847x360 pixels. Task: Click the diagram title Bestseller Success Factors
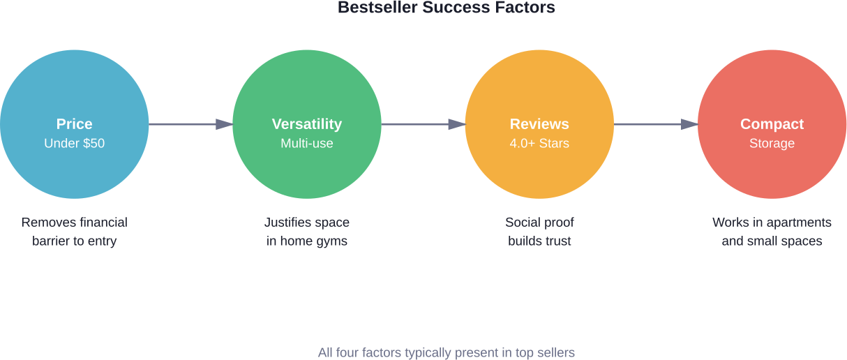pos(447,8)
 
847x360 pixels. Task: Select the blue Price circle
pos(75,124)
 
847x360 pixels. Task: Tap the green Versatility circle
pos(307,124)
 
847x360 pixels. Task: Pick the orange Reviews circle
pos(539,124)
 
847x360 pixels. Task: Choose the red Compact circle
pos(772,124)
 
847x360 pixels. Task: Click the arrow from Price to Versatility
pos(191,124)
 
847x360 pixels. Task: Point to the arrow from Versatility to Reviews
pos(423,124)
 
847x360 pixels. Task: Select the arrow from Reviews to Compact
pos(656,124)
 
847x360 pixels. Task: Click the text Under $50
pos(75,143)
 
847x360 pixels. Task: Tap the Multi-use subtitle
pos(307,143)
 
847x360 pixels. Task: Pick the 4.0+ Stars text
pos(539,143)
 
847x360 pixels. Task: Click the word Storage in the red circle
pos(772,144)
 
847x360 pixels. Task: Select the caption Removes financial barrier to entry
pos(75,232)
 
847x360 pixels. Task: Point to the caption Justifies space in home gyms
pos(307,232)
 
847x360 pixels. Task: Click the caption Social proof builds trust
pos(539,232)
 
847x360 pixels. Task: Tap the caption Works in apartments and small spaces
pos(772,232)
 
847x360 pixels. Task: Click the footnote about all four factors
pos(447,352)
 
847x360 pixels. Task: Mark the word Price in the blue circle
pos(75,124)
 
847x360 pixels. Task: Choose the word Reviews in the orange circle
pos(539,124)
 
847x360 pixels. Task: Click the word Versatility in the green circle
pos(307,124)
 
